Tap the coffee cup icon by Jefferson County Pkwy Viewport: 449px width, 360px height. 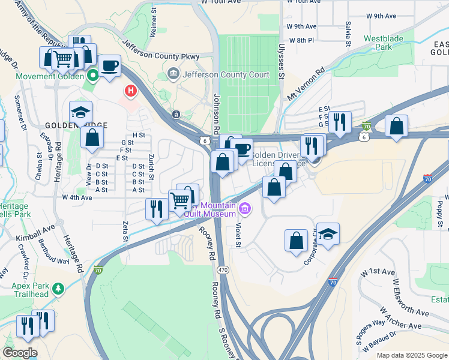pos(109,66)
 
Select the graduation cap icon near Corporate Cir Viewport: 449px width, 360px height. pos(328,233)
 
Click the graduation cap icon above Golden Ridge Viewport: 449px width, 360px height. pos(80,112)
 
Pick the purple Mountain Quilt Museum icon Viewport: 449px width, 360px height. pos(244,209)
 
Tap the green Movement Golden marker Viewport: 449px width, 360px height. pos(92,76)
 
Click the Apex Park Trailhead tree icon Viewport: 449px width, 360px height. pos(58,289)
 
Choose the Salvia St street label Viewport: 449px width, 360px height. pos(348,35)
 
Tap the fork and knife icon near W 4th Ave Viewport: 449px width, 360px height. pos(157,209)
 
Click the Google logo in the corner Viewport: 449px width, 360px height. pos(20,353)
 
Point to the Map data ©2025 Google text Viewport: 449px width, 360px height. pos(411,355)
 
